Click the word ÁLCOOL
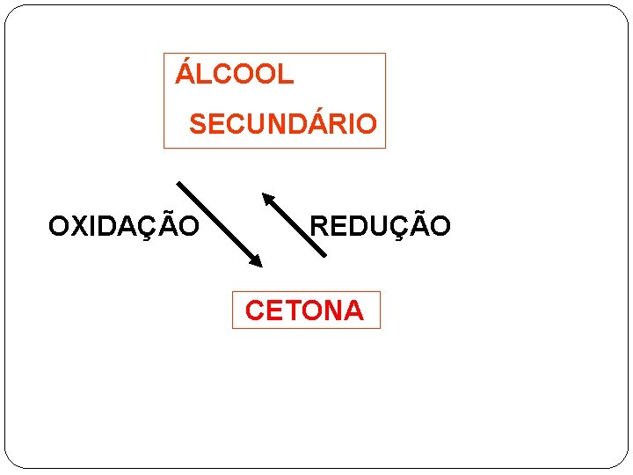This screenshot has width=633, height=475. click(x=235, y=75)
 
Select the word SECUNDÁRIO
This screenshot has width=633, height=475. click(x=282, y=124)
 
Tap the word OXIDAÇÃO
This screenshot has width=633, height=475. click(x=124, y=227)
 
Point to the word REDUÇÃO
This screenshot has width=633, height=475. click(x=380, y=227)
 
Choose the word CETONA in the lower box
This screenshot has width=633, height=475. click(x=304, y=311)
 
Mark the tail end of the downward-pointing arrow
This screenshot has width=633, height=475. click(x=180, y=185)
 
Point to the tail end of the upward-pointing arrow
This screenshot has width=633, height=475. click(x=324, y=254)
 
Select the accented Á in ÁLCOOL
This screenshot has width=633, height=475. click(x=185, y=73)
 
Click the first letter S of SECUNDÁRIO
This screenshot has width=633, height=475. click(x=198, y=124)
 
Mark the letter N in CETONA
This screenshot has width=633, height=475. click(x=331, y=311)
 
